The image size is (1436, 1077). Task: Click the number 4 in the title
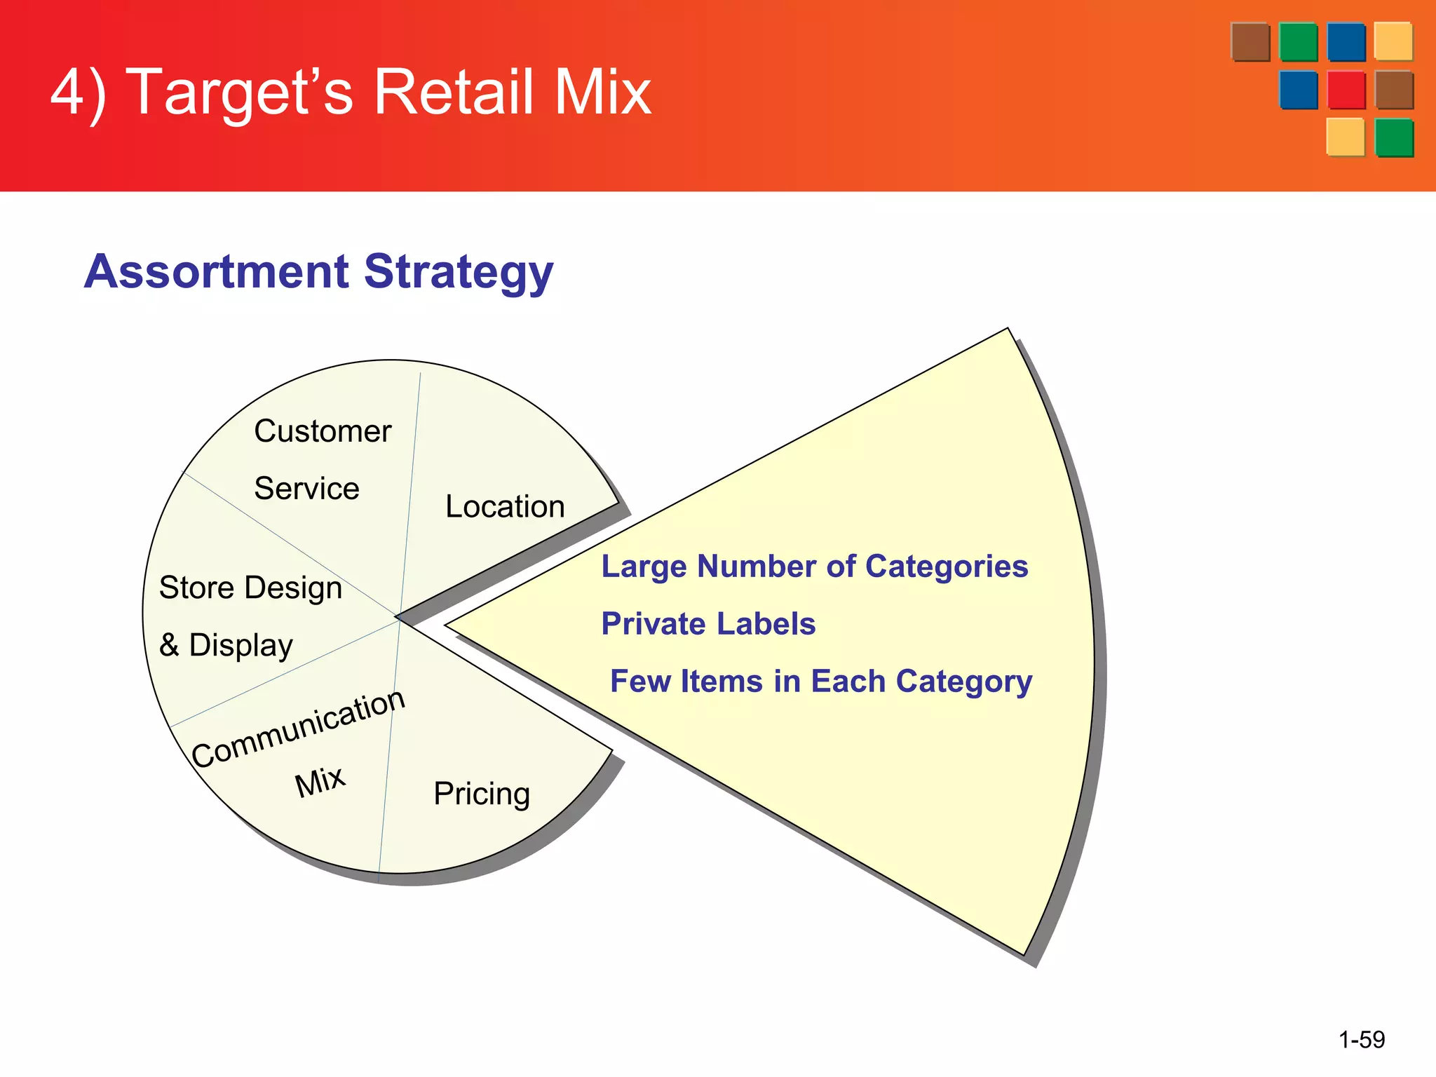68,93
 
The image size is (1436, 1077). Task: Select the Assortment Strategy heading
318,272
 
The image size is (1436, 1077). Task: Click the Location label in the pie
505,506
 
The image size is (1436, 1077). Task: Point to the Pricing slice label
482,794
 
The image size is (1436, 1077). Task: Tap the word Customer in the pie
323,431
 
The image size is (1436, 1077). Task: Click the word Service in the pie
306,489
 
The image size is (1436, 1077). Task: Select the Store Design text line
250,588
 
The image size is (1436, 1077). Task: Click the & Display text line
226,645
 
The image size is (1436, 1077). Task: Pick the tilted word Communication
299,729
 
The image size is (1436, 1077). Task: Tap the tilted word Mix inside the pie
320,781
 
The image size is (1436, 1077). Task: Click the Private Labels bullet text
708,624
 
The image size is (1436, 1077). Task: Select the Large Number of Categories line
815,567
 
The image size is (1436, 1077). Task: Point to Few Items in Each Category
821,682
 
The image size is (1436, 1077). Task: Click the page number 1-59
1362,1039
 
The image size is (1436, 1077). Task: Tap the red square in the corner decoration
1346,90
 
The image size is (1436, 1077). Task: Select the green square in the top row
1298,42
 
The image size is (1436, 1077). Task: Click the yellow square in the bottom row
1345,137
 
